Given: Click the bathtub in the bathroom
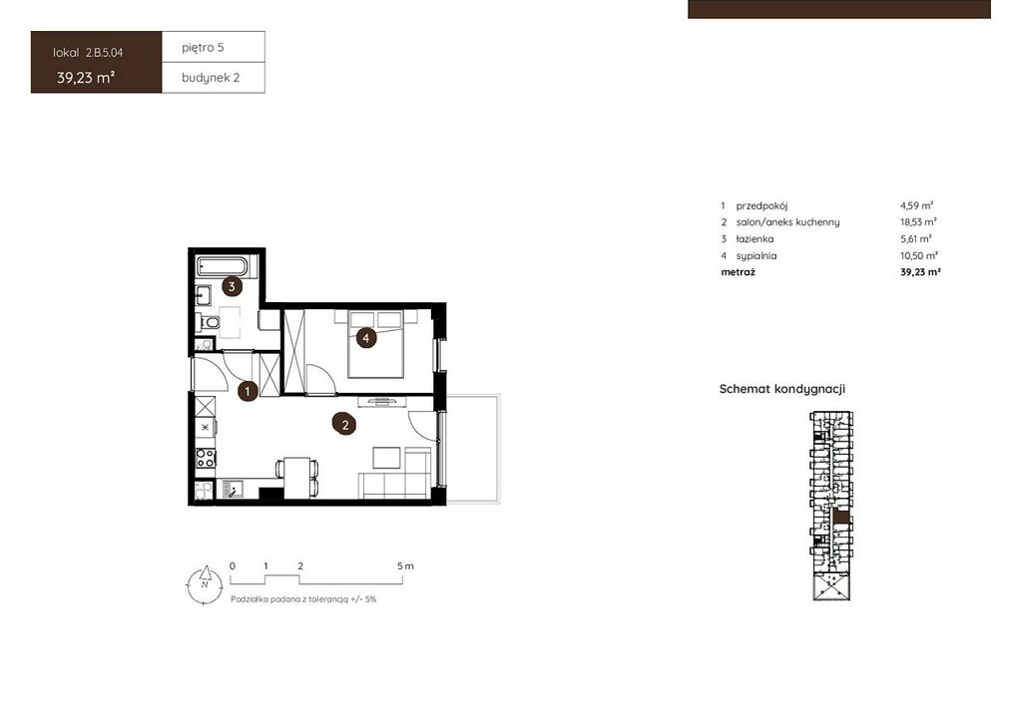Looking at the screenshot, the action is pos(223,267).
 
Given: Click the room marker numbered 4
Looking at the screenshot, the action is pos(366,338).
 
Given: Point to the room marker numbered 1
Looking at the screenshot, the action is pos(248,391).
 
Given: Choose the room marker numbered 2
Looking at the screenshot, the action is pos(344,425).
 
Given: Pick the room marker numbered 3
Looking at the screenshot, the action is pos(232,286).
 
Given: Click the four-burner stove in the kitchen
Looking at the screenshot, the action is pos(206,459).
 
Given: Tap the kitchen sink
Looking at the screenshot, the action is pos(232,489).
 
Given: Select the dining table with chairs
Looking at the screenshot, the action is pos(297,478).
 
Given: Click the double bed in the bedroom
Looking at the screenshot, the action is pos(375,344).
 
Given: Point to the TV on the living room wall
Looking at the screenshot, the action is pos(382,400).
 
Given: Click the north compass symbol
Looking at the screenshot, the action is pos(205,584).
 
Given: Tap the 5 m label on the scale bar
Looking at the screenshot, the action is pos(405,566).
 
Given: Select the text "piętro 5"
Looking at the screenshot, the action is pos(203,48).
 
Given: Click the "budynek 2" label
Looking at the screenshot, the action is pos(211,78).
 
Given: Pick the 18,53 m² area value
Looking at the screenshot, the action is pos(918,222).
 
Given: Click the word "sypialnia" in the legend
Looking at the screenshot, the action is pos(757,256).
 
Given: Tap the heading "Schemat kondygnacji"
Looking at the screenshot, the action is pos(782,389).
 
